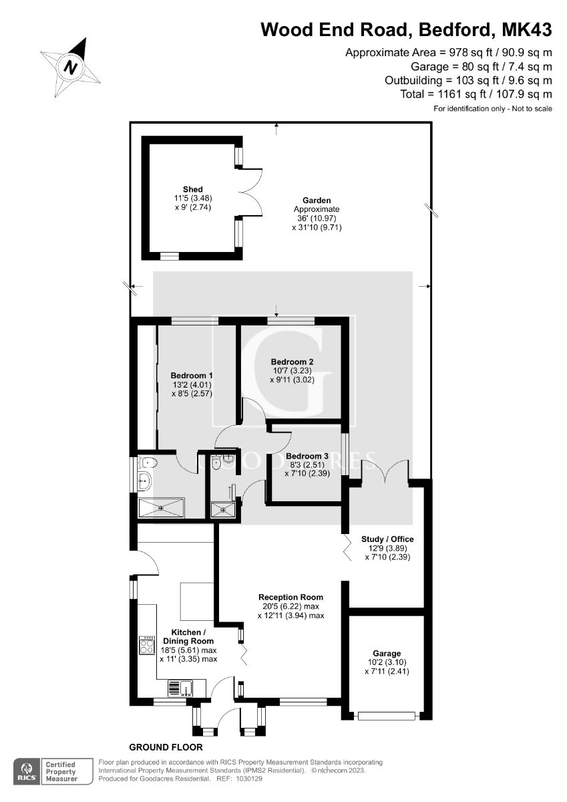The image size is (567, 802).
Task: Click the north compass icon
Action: point(70,66)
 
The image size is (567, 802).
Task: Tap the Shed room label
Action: point(192,190)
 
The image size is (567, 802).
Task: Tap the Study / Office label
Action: point(387,539)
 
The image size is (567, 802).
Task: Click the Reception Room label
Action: point(291,597)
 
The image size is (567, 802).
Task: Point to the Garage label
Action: point(387,653)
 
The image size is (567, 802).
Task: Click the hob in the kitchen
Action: point(147,646)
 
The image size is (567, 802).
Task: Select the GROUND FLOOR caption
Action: point(166,747)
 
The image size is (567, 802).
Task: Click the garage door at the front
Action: point(387,716)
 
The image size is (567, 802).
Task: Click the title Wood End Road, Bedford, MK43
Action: point(406,29)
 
